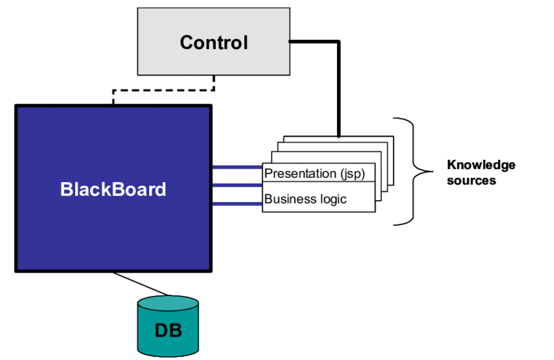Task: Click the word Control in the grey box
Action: (214, 43)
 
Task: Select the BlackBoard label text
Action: (113, 190)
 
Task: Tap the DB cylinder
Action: (168, 326)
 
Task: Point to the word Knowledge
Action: (480, 164)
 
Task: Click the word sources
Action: (471, 180)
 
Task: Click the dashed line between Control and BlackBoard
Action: (163, 89)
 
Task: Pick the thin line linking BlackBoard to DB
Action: (139, 284)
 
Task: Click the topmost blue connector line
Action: (237, 167)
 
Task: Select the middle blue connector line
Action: (237, 185)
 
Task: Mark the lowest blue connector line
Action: (237, 203)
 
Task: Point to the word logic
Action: (333, 199)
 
